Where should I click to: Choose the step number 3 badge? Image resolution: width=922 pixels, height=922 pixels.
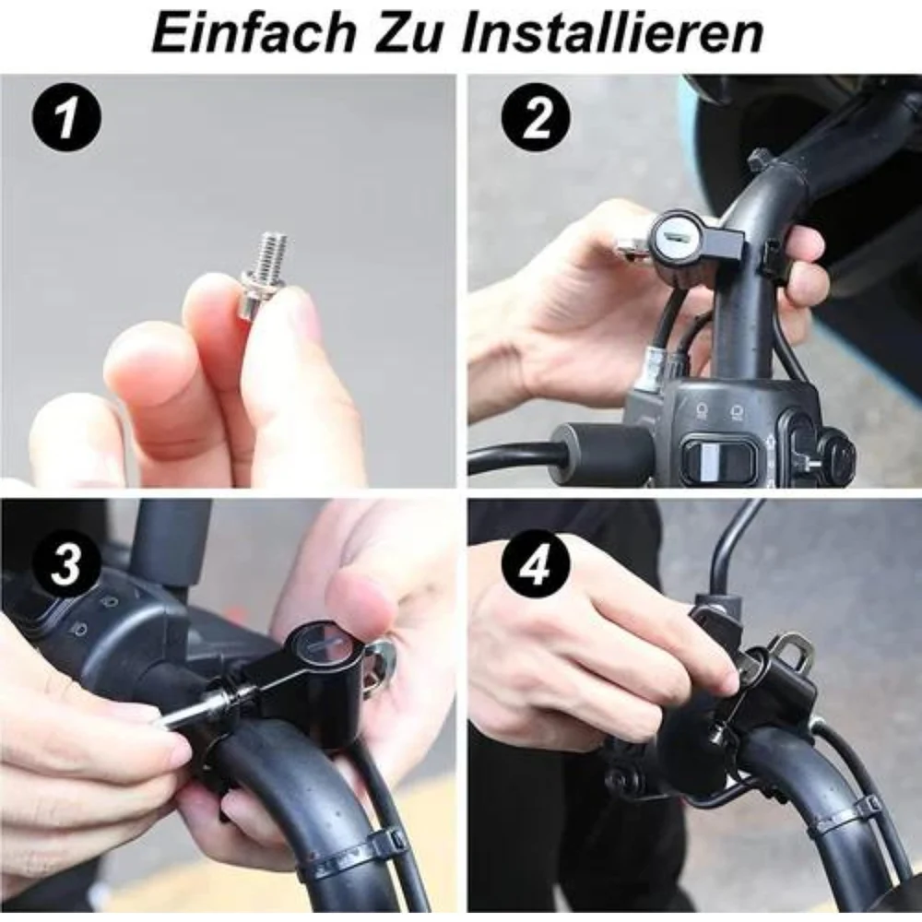(65, 564)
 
